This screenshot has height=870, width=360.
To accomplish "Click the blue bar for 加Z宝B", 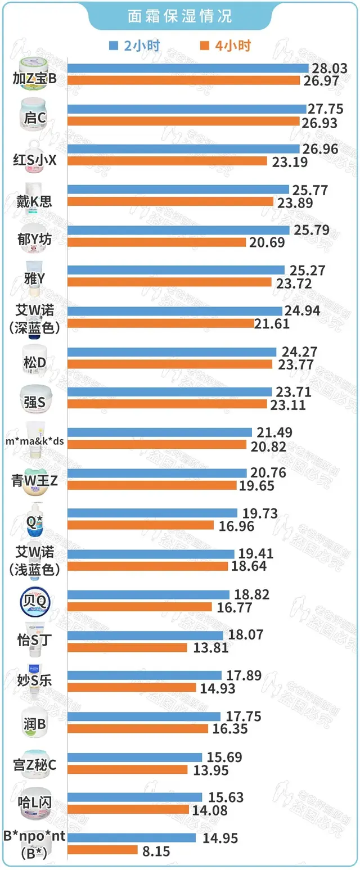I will pyautogui.click(x=188, y=68).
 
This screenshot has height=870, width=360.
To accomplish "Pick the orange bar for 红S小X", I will pyautogui.click(x=167, y=161).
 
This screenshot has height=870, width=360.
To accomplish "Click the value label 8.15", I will pyautogui.click(x=155, y=851).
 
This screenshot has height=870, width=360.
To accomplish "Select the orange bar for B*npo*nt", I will pyautogui.click(x=103, y=850).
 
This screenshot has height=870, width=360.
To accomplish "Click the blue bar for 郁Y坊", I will pyautogui.click(x=178, y=230).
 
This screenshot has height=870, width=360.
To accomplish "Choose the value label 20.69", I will pyautogui.click(x=267, y=243).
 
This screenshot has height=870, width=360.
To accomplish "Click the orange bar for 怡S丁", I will pyautogui.click(x=127, y=647).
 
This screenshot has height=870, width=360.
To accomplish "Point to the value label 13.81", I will pyautogui.click(x=209, y=648).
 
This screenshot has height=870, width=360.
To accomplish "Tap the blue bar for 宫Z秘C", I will pyautogui.click(x=134, y=757).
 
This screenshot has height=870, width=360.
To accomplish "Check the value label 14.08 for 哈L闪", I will pyautogui.click(x=210, y=810).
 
